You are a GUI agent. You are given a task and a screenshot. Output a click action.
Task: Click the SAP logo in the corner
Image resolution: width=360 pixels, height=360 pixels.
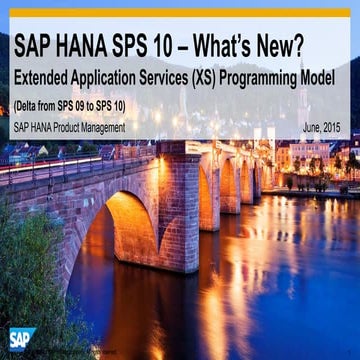pos(22,338)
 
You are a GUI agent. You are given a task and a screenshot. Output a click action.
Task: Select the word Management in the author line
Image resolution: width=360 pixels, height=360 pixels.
pos(101,127)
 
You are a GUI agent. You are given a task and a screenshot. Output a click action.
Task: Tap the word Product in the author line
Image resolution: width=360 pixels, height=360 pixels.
pos(59,127)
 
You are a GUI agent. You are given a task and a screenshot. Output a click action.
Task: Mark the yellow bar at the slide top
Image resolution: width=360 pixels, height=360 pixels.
pos(180,13)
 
